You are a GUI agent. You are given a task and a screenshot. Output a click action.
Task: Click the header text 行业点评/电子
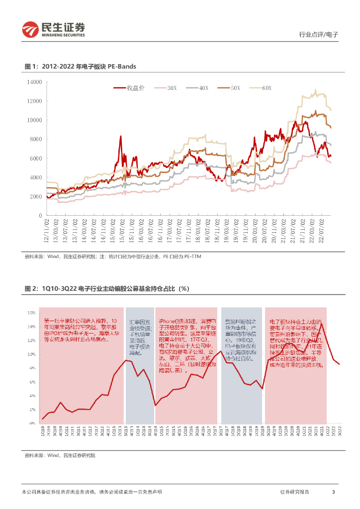(318, 35)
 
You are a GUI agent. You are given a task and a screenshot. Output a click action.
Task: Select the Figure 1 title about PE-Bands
(81, 66)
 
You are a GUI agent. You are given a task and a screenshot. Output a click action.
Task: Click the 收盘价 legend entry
(129, 88)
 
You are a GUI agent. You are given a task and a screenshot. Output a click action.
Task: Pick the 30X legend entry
(166, 88)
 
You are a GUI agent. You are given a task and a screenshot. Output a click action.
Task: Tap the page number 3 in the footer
(333, 492)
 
